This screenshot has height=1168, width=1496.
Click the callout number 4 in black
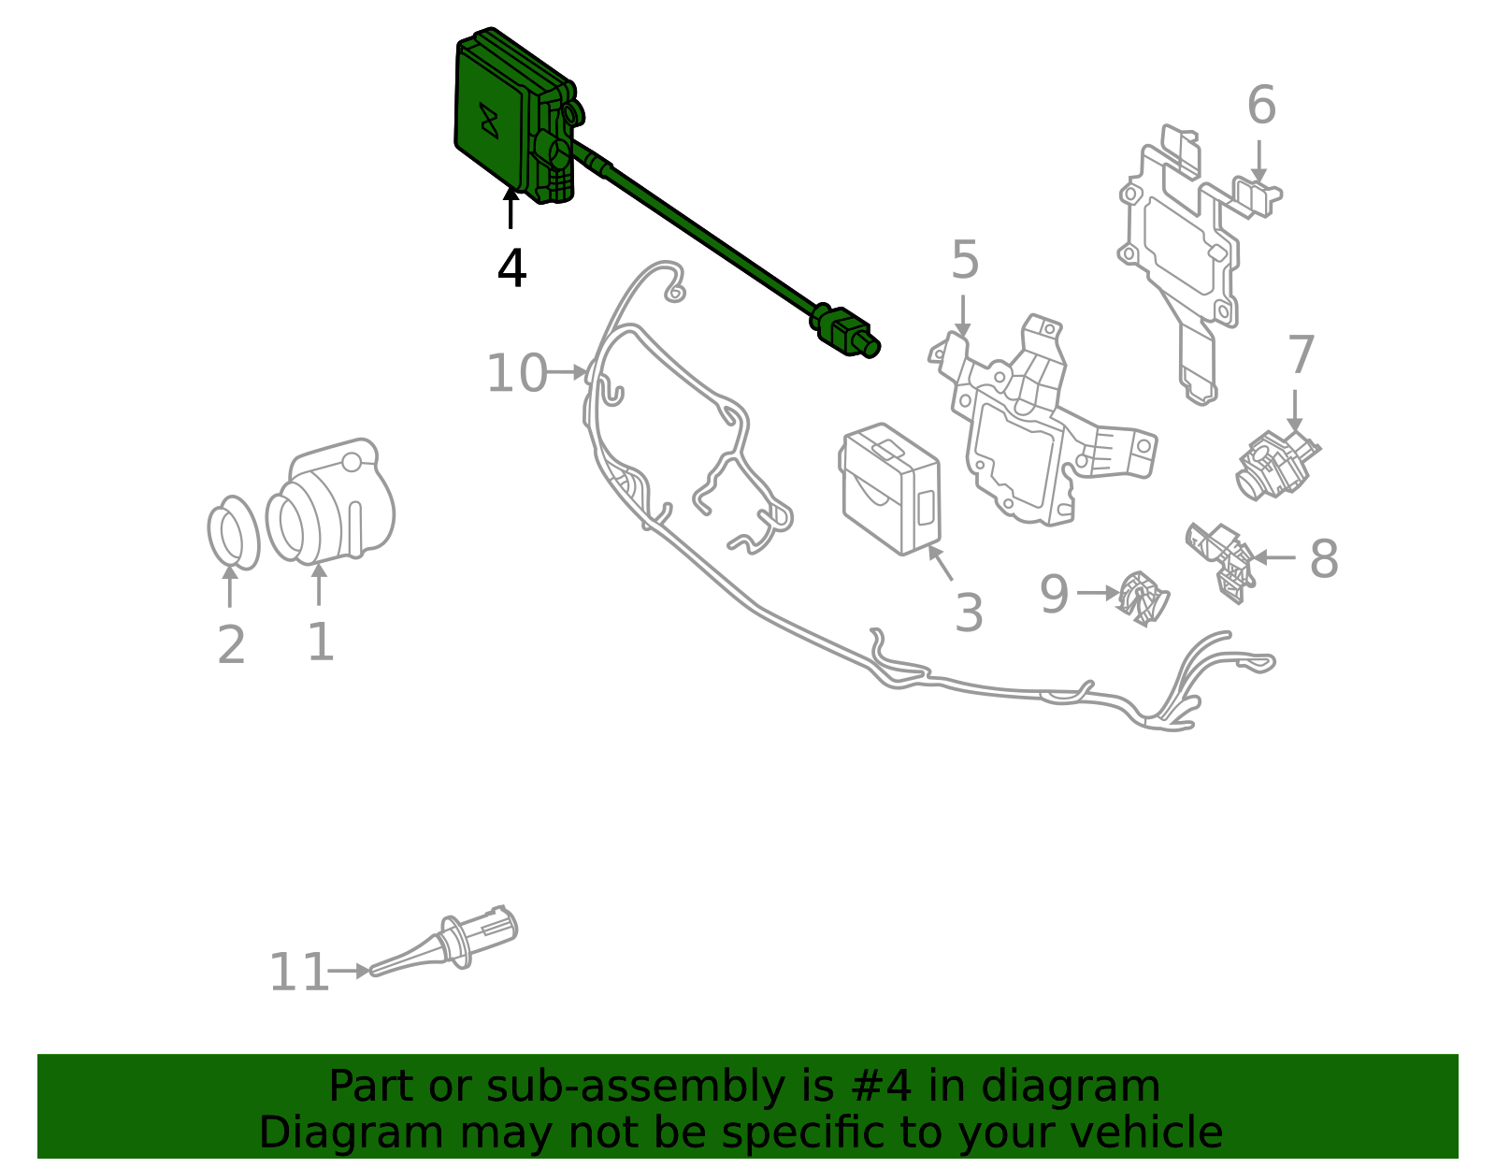(x=511, y=268)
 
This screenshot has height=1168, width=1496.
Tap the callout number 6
(x=1260, y=106)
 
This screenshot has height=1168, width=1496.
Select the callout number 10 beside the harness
(x=516, y=373)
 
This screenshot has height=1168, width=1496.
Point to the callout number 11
(x=298, y=973)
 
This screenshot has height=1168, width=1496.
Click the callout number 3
(x=969, y=613)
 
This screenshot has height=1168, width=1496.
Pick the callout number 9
(x=1054, y=595)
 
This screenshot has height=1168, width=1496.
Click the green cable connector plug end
(x=847, y=334)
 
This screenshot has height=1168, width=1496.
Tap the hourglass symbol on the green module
(x=488, y=121)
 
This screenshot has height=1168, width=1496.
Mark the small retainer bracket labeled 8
(x=1223, y=558)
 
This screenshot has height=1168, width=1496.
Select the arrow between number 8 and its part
(x=1273, y=557)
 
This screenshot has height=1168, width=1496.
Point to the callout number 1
(x=320, y=642)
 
